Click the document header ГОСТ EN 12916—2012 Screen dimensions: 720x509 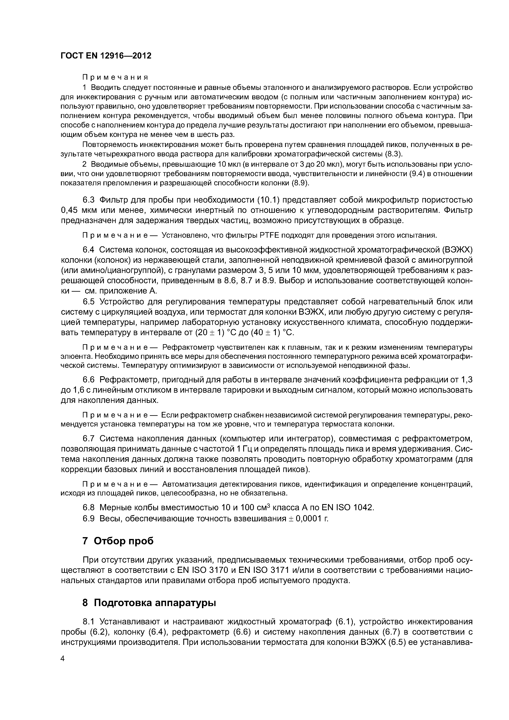coord(106,55)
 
